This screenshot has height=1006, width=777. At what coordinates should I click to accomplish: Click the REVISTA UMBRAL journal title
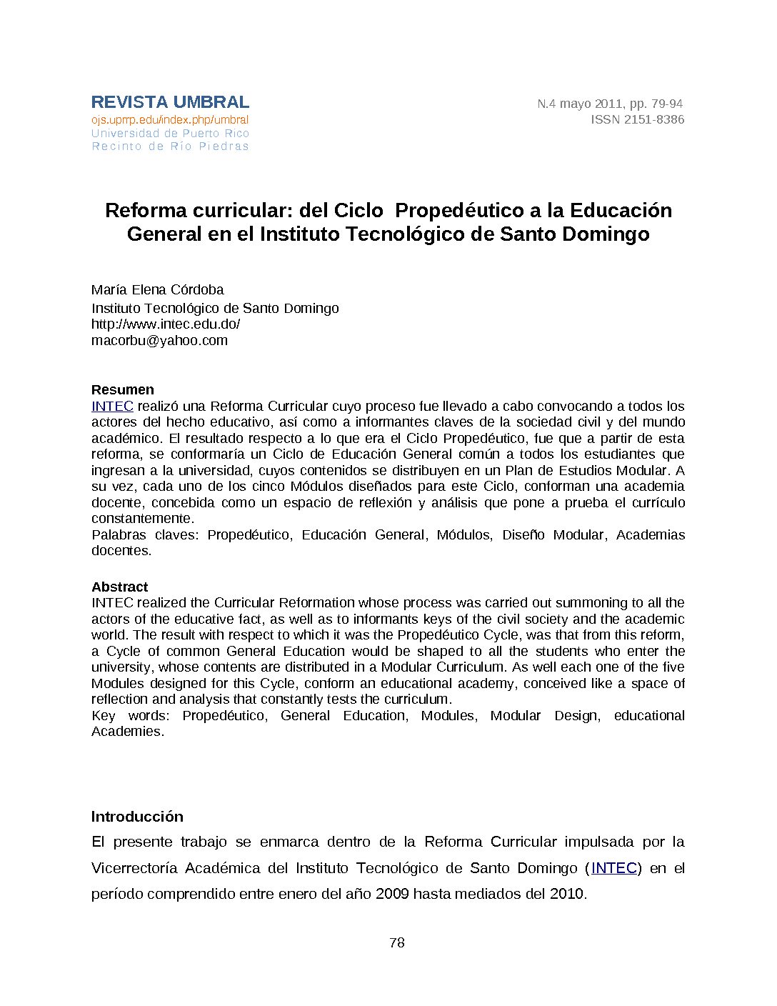coord(170,102)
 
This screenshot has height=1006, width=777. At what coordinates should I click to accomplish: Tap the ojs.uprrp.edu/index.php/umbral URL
coord(170,120)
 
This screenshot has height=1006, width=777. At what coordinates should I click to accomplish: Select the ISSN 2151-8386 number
coord(637,119)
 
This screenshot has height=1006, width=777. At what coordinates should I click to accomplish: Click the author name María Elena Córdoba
coord(157,289)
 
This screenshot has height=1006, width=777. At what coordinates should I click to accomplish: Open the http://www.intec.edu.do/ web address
coord(166,324)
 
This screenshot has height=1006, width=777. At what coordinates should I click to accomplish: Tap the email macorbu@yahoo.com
coord(159,340)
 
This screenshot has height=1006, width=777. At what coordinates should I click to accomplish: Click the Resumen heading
coord(122,389)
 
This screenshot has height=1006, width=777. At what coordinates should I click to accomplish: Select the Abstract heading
coord(119,587)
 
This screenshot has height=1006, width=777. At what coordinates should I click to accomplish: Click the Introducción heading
coord(137,817)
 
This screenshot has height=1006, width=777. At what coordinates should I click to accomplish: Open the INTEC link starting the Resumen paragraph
coord(112,406)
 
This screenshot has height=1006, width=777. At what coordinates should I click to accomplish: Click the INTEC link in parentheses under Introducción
coord(613,868)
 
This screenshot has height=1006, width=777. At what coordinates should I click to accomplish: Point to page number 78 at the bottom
coord(397,942)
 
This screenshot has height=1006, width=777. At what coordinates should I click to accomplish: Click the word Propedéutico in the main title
coord(459,210)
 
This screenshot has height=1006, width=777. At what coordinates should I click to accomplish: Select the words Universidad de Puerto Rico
coord(170,134)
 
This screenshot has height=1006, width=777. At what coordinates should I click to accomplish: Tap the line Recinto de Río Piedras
coord(170,146)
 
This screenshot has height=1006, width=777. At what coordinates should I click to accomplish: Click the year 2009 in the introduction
coord(392,894)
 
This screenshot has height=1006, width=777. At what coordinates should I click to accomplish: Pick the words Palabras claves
coord(145,534)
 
